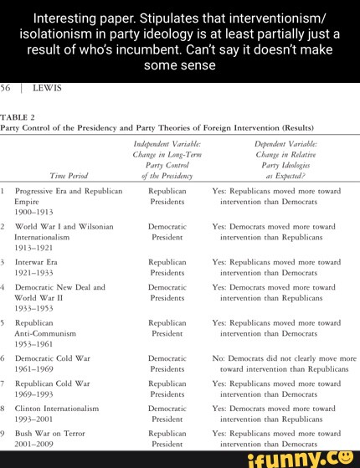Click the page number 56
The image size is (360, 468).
coord(6,88)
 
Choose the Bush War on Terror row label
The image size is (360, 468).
coord(54,434)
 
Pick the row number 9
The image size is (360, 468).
coord(3,434)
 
